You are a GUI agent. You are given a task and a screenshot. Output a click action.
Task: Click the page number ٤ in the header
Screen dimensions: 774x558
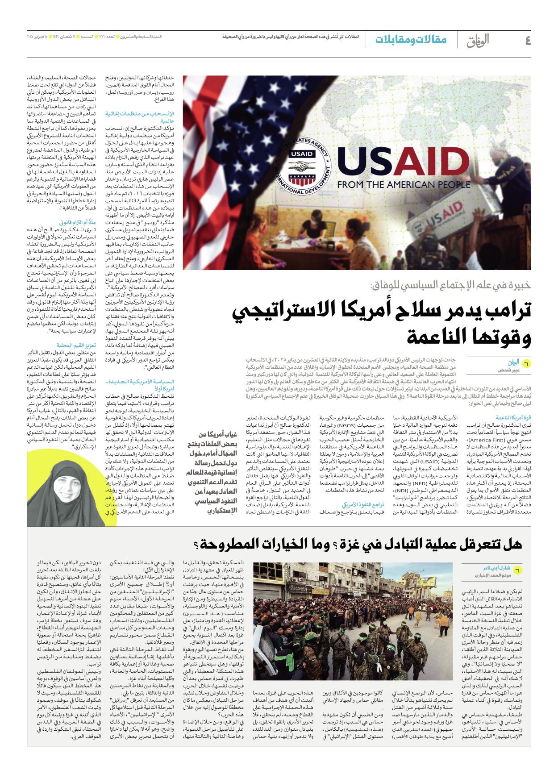click(x=527, y=41)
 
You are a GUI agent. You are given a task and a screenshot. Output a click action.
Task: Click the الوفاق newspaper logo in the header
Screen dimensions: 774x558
click(x=478, y=41)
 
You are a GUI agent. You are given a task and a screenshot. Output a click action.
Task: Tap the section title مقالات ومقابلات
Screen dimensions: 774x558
click(x=411, y=40)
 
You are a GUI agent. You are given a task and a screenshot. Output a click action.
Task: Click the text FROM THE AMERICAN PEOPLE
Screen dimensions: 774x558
click(x=404, y=184)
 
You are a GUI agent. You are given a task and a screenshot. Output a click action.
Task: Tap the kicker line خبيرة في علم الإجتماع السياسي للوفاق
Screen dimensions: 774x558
click(x=450, y=285)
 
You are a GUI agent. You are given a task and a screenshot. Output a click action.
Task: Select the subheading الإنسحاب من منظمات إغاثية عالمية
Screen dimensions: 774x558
click(x=140, y=117)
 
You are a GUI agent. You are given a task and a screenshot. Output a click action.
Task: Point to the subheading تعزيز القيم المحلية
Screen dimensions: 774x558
click(x=76, y=345)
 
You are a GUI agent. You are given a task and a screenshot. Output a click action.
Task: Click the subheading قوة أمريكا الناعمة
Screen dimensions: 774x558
click(x=513, y=418)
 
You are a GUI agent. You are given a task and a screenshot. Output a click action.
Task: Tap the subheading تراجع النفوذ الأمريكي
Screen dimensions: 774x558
click(x=362, y=504)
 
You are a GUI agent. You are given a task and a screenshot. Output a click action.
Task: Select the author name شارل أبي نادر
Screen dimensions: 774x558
click(x=496, y=568)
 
